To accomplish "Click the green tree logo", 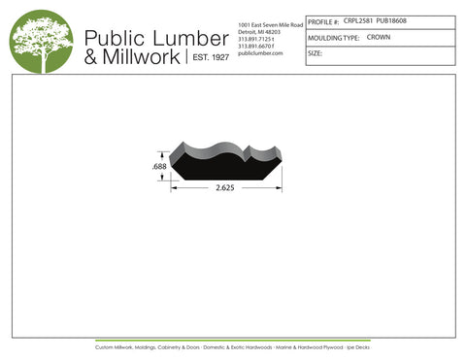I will [x=41, y=41].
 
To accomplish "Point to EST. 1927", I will [x=208, y=58].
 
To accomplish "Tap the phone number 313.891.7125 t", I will [x=256, y=38].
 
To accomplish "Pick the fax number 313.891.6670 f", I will [x=256, y=46].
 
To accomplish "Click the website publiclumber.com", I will [x=259, y=53].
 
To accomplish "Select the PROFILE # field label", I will [x=323, y=21].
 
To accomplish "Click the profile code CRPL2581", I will [x=358, y=20].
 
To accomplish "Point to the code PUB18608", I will [x=393, y=20].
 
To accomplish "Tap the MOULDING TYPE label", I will [x=333, y=37].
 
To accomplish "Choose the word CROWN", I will [x=379, y=37].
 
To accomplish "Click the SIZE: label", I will [x=315, y=53].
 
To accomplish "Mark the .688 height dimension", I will [x=159, y=167].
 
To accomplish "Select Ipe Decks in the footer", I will [x=359, y=346].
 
